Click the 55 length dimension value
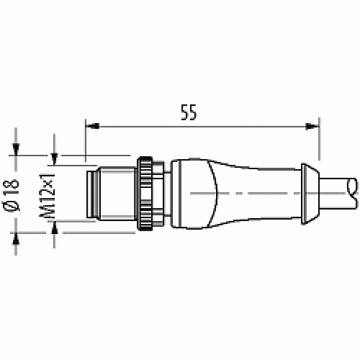tap(189, 112)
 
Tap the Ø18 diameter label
tap(11, 195)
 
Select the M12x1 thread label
tap(47, 195)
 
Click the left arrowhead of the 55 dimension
tap(92, 126)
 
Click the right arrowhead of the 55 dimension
tap(312, 126)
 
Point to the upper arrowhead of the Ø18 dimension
tap(16, 149)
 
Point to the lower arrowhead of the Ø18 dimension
tap(16, 239)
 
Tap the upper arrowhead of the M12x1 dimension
tap(55, 159)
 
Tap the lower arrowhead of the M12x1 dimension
tap(55, 227)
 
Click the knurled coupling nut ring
tap(145, 194)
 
